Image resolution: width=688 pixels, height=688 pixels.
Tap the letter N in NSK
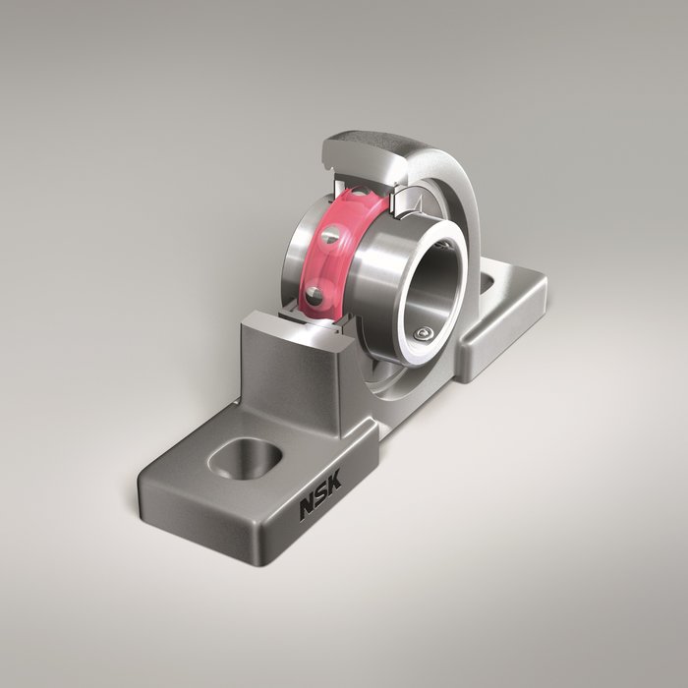[x=308, y=510]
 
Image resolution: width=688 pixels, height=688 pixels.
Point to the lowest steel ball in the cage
[x=313, y=295]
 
